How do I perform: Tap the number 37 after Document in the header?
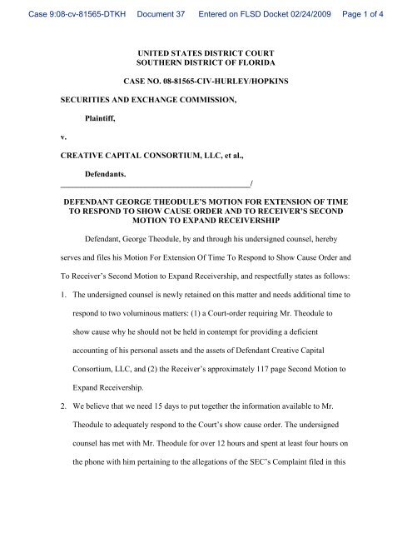coord(166,7)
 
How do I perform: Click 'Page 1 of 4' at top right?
coord(378,7)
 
